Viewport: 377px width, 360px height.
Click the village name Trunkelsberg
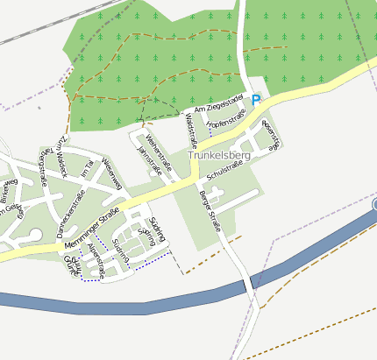click(x=219, y=155)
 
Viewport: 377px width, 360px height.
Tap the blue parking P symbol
click(x=256, y=101)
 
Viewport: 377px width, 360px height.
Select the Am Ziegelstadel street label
click(x=217, y=106)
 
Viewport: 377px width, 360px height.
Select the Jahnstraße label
click(x=148, y=162)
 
